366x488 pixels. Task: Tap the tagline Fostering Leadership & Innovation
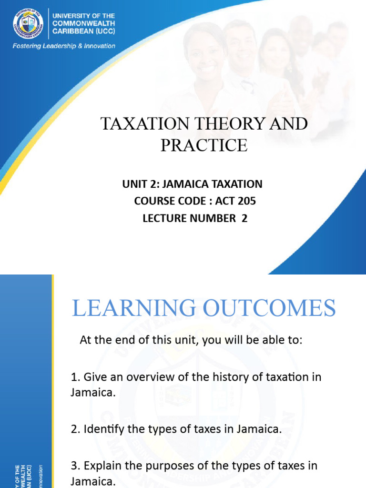64,46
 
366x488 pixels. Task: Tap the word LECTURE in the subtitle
165,218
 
